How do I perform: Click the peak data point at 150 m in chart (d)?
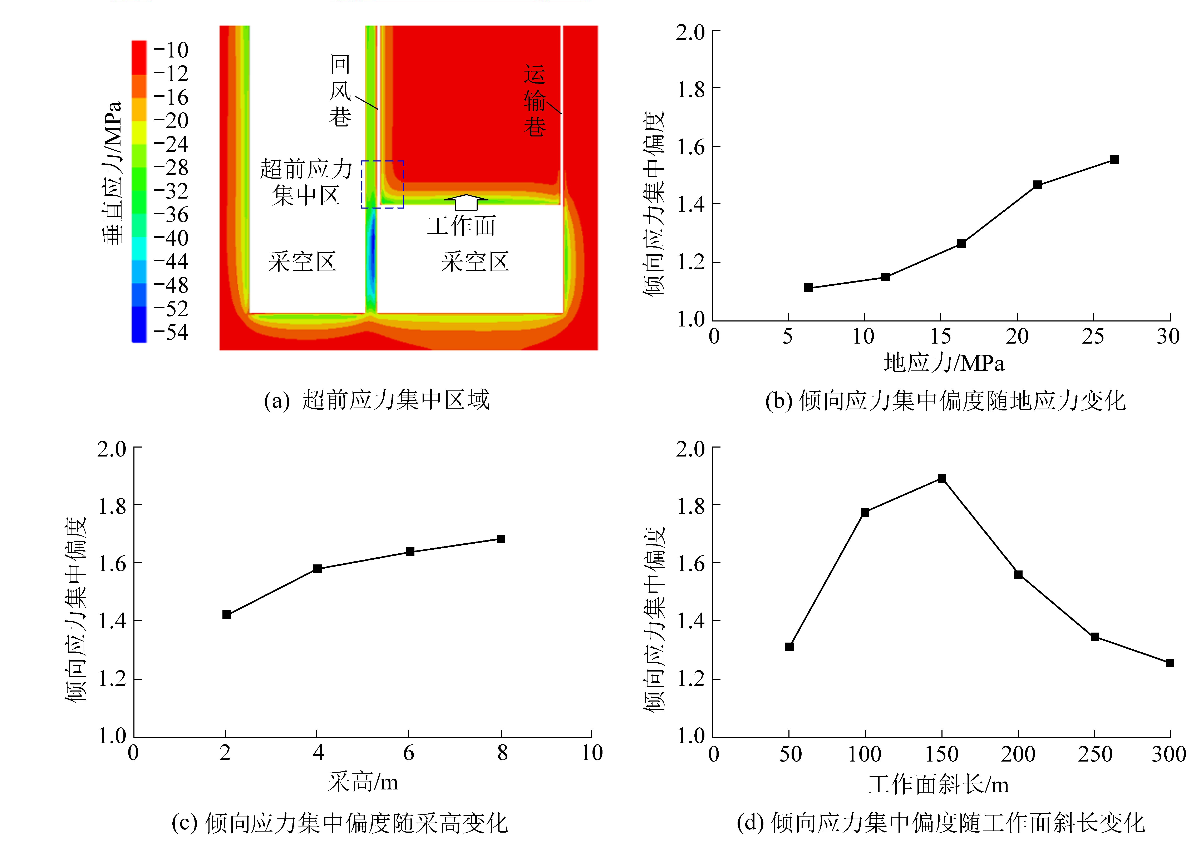coord(941,478)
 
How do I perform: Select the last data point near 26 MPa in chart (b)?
coord(1114,159)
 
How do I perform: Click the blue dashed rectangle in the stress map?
coord(383,184)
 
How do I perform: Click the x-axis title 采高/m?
coord(363,782)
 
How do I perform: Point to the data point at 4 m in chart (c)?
coord(317,568)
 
